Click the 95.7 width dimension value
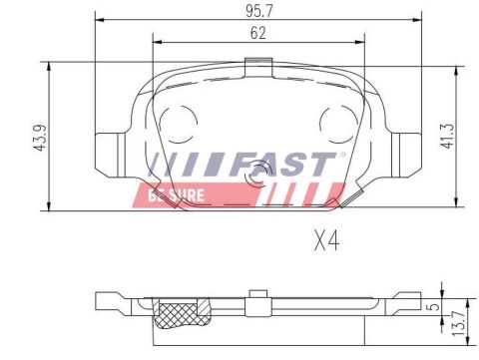(x=261, y=11)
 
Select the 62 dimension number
(x=259, y=33)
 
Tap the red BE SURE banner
(x=190, y=193)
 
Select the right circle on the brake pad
(x=333, y=124)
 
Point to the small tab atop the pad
(x=257, y=67)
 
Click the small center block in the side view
(x=257, y=295)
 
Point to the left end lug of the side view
(x=108, y=300)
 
